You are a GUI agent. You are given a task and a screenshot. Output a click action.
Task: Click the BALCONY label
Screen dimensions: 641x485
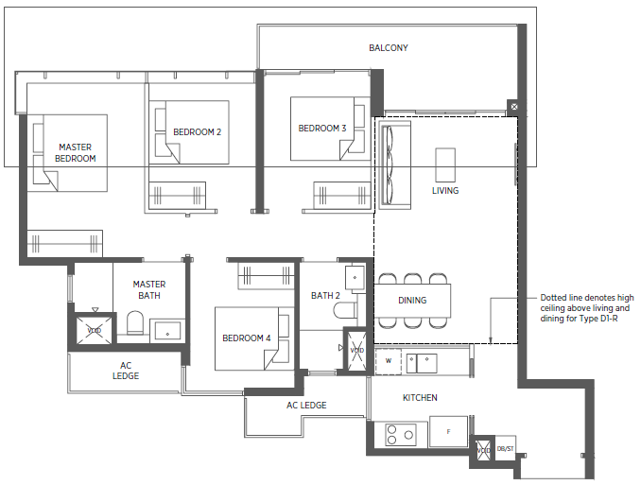tap(389, 48)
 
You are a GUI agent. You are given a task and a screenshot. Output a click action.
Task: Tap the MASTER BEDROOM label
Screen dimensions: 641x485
tap(76, 152)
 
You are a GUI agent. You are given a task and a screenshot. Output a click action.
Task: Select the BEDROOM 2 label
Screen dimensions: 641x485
tap(197, 132)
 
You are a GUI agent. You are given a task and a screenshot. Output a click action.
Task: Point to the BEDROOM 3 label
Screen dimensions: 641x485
tap(322, 129)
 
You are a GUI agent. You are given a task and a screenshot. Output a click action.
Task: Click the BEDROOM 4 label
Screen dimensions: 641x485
tap(247, 338)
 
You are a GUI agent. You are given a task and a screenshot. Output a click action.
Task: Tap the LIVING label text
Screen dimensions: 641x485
tap(445, 191)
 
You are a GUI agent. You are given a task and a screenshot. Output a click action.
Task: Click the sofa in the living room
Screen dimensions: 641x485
tap(395, 165)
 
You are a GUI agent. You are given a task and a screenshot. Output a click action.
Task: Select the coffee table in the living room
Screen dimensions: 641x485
tap(445, 165)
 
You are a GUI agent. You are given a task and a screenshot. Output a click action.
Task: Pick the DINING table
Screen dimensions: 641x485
tap(412, 301)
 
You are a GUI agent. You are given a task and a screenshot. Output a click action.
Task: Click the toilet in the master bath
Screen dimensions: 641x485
tap(135, 323)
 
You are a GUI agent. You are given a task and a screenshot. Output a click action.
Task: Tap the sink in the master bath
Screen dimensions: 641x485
tap(167, 331)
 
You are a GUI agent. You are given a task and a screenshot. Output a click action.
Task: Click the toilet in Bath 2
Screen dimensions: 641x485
tap(345, 310)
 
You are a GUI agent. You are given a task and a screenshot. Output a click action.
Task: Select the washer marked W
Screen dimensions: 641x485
tap(389, 361)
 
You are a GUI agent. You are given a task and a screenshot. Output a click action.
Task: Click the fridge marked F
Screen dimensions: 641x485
tap(448, 431)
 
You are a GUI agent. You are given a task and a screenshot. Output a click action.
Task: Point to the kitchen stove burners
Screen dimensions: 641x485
tap(401, 435)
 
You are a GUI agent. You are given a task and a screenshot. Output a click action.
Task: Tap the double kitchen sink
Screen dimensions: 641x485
tap(422, 363)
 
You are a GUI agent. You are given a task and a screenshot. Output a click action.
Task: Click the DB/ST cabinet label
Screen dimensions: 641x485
tap(505, 449)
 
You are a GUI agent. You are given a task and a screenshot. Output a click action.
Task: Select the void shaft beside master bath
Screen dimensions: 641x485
tap(95, 330)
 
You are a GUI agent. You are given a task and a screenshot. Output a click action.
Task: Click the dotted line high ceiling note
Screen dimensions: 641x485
tap(586, 308)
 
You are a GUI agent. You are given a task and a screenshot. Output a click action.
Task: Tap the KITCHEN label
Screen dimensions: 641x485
tap(420, 397)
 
